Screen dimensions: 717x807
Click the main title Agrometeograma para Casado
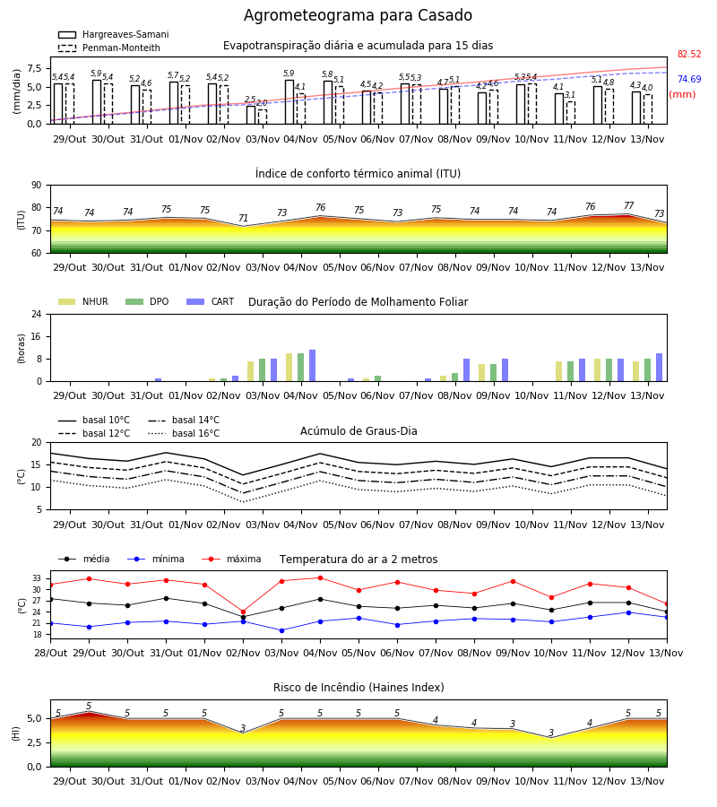tap(358, 15)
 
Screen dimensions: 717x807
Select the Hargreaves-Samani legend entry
tap(113, 34)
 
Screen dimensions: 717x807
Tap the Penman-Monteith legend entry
tap(109, 48)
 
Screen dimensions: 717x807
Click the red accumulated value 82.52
tap(689, 54)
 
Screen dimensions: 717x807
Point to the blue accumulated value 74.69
tap(689, 79)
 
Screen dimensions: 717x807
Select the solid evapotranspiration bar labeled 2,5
tap(250, 115)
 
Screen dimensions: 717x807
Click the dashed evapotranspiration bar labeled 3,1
tap(570, 113)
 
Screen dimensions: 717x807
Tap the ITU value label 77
tap(628, 205)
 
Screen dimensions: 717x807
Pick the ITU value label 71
tap(243, 218)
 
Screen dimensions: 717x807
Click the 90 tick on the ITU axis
tap(37, 186)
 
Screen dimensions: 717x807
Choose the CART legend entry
tap(211, 301)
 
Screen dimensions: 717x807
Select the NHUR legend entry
tap(83, 301)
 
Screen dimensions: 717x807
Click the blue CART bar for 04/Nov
tap(312, 366)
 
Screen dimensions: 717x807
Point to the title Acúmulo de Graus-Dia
tap(358, 431)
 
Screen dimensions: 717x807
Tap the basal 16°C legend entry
tap(184, 433)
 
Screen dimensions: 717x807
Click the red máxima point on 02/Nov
tap(243, 612)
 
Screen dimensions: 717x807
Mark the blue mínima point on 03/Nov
tap(281, 630)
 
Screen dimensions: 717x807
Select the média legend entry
tap(84, 559)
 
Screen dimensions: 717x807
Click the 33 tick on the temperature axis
tap(37, 578)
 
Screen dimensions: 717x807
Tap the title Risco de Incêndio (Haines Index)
tap(358, 688)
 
